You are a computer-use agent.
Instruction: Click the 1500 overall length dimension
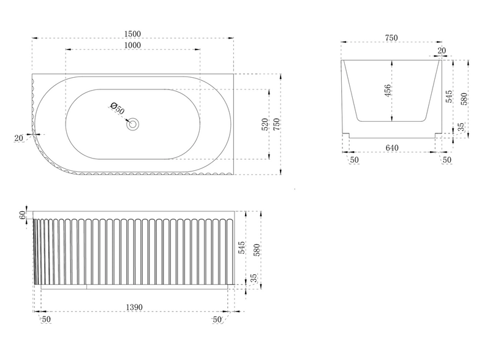click(x=132, y=34)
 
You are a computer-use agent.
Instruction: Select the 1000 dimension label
click(x=132, y=45)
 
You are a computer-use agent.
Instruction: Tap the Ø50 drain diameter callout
click(x=118, y=108)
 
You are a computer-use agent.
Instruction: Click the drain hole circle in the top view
click(x=132, y=124)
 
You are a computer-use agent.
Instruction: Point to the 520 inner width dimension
click(x=265, y=124)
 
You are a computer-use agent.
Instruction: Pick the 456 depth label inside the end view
click(x=388, y=91)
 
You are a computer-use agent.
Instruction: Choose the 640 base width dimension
click(x=392, y=148)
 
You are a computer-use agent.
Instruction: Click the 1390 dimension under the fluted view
click(x=134, y=307)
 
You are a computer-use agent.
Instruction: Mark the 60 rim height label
click(x=22, y=216)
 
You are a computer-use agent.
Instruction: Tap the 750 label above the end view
click(x=391, y=38)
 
